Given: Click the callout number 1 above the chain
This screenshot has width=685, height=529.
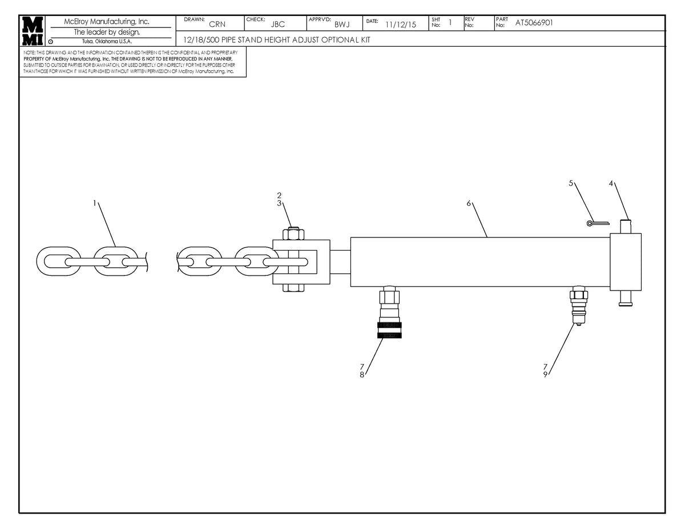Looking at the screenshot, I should point(94,203).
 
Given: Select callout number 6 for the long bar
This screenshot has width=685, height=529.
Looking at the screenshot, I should point(468,203).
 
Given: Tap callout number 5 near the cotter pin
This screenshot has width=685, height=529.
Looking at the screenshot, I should point(571,183).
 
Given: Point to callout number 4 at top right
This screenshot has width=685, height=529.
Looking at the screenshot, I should point(611,183).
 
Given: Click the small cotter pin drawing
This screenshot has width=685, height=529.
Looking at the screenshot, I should point(597,223).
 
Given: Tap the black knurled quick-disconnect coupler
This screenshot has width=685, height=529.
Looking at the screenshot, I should point(389,330).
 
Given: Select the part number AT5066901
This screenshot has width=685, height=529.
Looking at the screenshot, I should point(534,23).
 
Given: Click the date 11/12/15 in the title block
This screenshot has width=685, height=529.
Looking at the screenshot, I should point(400,25).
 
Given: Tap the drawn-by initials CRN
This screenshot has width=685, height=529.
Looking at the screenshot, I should point(217,25).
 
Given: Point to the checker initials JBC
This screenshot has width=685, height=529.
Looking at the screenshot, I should point(277,25).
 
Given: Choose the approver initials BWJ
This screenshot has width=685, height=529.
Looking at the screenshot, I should point(342,25).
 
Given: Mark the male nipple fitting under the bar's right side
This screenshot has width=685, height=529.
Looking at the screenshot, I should point(578,308).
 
